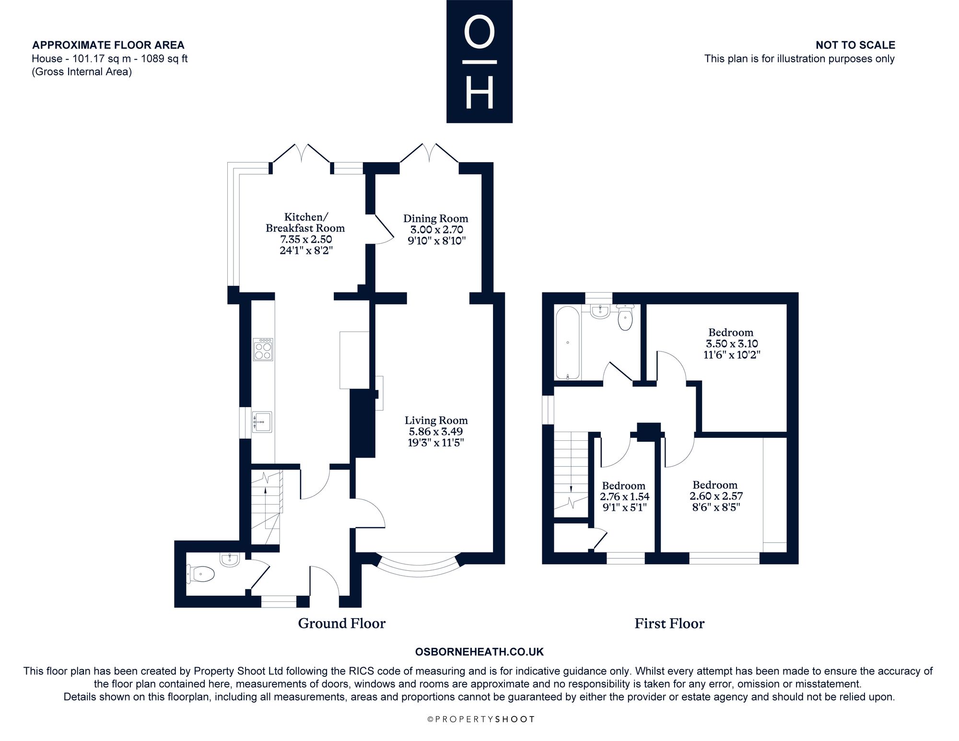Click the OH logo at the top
(479, 61)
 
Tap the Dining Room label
(435, 218)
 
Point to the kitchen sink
(262, 422)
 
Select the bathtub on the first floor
(568, 342)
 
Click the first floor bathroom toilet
(625, 318)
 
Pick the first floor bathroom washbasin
(600, 311)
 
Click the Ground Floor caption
(342, 623)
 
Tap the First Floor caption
(669, 623)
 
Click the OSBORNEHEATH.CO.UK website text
(479, 652)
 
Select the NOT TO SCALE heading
(855, 45)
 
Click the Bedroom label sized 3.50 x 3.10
(731, 332)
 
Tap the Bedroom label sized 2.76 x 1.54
(624, 486)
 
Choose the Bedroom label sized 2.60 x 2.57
(715, 485)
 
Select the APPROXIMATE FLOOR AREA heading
(108, 45)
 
